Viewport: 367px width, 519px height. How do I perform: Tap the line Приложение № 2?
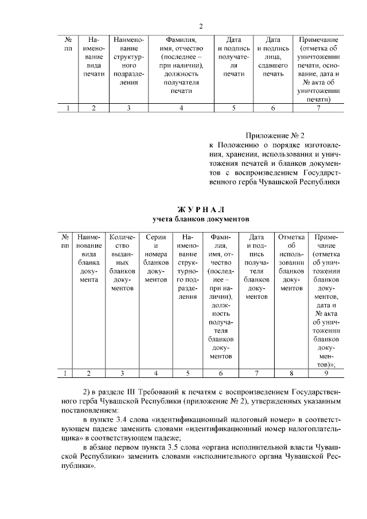[x=275, y=135]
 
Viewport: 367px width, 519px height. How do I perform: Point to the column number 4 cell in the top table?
[x=181, y=108]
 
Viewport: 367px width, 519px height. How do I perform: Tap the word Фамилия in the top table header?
[x=181, y=40]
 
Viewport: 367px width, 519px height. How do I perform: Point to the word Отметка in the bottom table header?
[x=291, y=237]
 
